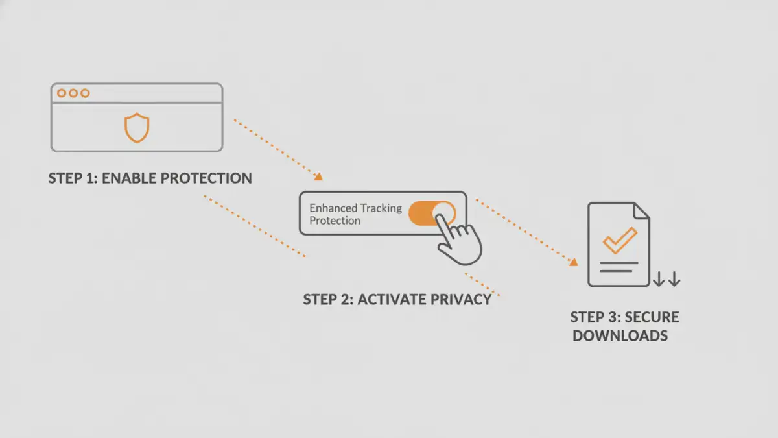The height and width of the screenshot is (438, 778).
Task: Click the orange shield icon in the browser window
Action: pyautogui.click(x=137, y=127)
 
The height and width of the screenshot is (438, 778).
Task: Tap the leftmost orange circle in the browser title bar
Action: pyautogui.click(x=62, y=93)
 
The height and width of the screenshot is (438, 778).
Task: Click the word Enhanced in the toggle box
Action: pyautogui.click(x=333, y=208)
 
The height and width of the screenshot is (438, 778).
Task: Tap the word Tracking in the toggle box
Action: pyautogui.click(x=380, y=208)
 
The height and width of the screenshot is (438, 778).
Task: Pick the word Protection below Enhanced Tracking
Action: pyautogui.click(x=335, y=221)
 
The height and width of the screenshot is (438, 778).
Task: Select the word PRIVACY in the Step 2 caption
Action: pyautogui.click(x=463, y=299)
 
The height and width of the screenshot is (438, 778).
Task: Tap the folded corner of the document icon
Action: pyautogui.click(x=642, y=211)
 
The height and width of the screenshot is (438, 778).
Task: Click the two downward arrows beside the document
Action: pyautogui.click(x=666, y=280)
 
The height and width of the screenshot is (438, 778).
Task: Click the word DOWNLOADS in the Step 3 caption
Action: pyautogui.click(x=620, y=335)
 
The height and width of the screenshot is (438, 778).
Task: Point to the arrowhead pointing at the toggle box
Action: pyautogui.click(x=318, y=176)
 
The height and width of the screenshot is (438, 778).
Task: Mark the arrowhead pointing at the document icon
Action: pyautogui.click(x=573, y=262)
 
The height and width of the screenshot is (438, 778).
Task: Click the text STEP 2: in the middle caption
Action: pyautogui.click(x=328, y=299)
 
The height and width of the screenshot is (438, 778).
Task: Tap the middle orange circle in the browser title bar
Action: pyautogui.click(x=73, y=93)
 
